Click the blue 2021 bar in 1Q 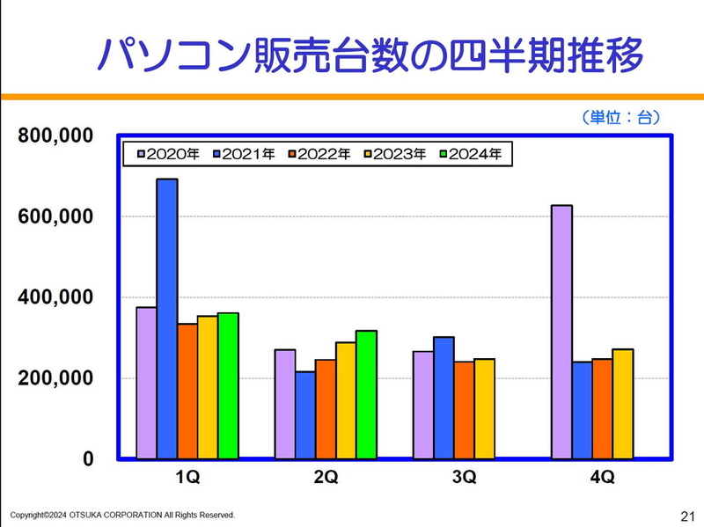point(167,318)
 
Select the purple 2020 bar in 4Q point(561,332)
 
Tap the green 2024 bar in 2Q point(366,394)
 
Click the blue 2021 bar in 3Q point(444,397)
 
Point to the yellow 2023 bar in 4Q point(623,404)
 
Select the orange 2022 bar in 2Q point(326,408)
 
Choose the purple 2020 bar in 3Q point(423,405)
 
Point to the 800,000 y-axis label point(55,135)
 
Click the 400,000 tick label point(55,297)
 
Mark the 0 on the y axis point(88,459)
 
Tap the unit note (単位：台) point(620,117)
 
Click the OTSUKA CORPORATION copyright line point(122,515)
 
